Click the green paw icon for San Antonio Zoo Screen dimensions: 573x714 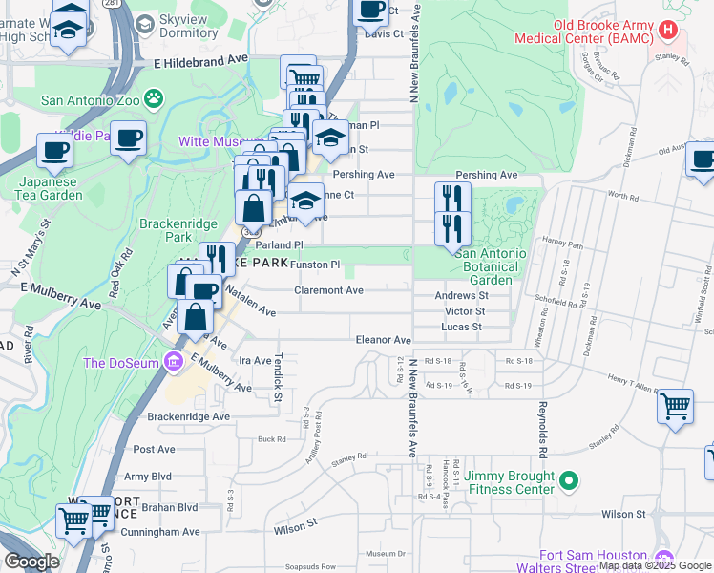(153, 98)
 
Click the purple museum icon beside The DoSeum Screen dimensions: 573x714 (173, 362)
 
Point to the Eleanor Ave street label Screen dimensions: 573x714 (383, 340)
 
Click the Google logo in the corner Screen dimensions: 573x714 (31, 562)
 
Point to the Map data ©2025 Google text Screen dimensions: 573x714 (655, 566)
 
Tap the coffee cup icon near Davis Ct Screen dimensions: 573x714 (371, 11)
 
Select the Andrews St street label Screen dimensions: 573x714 (462, 296)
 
